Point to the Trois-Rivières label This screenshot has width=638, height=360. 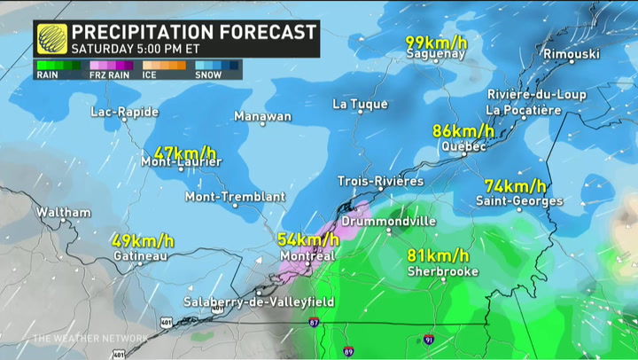point(380,181)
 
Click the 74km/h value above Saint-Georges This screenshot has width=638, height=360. point(515,186)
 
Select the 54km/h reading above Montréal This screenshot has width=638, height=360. point(307,240)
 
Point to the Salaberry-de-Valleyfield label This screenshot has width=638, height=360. point(259,302)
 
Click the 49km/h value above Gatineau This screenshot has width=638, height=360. point(143,240)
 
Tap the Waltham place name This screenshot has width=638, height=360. point(64,213)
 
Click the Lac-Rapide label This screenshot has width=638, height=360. point(125,112)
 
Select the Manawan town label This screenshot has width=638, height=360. point(263,116)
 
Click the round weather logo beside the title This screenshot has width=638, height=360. point(52,39)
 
